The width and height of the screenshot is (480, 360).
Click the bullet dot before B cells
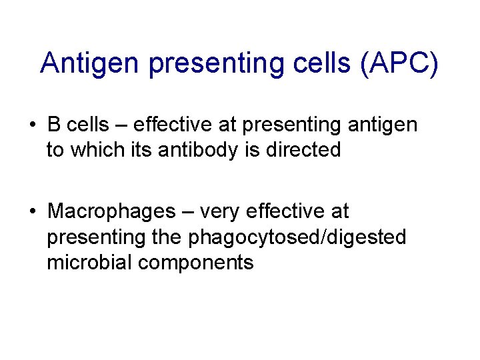coord(33,125)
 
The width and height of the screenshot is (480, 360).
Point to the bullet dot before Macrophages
coord(33,212)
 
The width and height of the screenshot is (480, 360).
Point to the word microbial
coord(89,263)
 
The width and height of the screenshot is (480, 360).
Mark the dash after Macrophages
coord(187,213)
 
